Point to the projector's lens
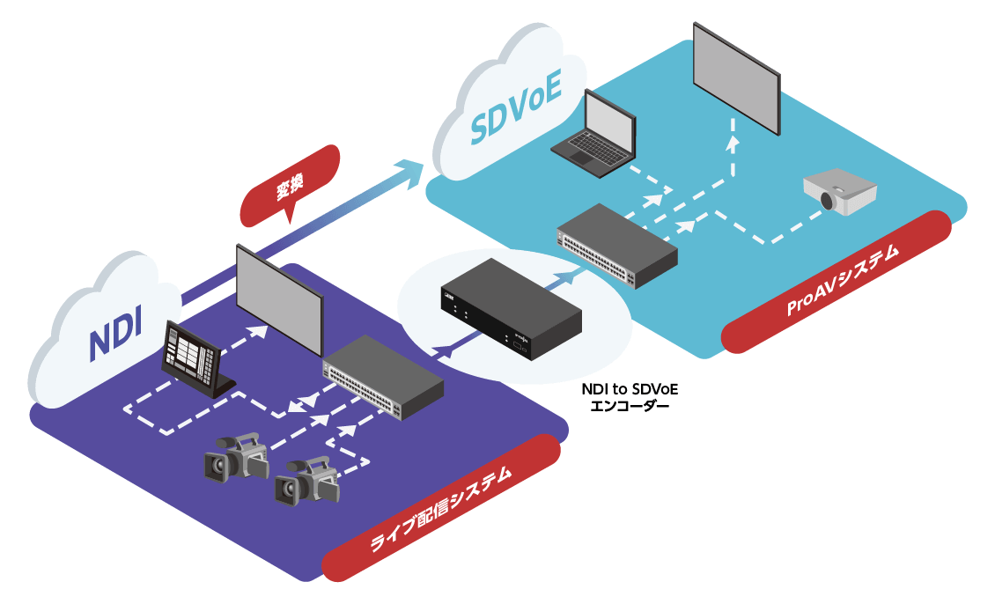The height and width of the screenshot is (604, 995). [x=828, y=202]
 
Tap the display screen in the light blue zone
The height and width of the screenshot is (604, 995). [x=736, y=77]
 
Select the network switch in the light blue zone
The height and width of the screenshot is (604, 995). [x=617, y=244]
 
